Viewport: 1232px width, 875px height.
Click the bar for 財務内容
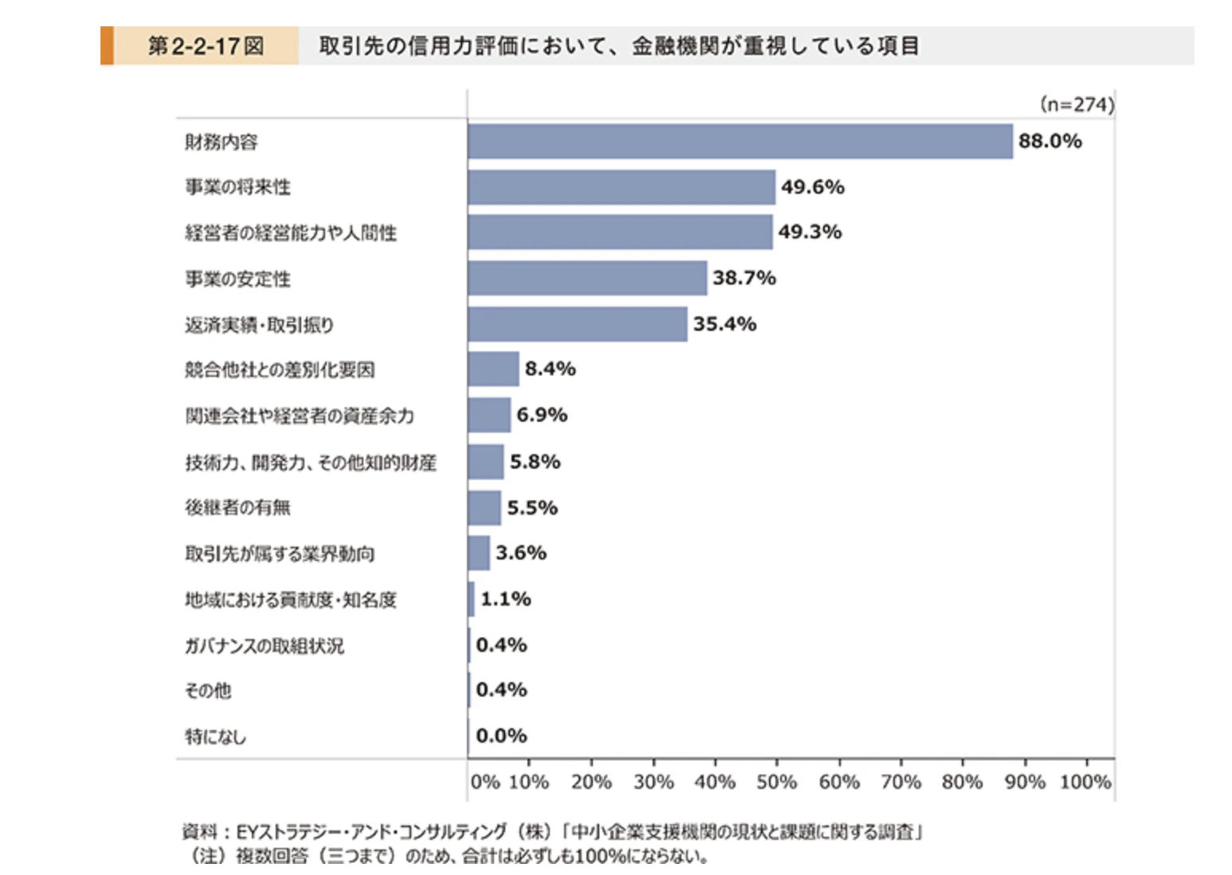740,141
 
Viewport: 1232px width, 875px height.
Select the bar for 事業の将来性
622,187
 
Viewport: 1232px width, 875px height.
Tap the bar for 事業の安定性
587,278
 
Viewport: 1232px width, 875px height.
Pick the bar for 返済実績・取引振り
578,324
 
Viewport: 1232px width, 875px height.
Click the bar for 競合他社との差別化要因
493,369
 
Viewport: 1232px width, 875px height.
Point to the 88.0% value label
1050,141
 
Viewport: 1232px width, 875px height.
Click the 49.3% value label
810,232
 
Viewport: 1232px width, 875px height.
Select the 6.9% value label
542,414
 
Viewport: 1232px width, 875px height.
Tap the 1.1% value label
506,599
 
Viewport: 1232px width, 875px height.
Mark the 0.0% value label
501,736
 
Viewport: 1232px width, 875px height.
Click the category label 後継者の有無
237,507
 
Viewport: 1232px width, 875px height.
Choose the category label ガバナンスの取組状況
265,645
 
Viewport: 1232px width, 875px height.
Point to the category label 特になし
216,736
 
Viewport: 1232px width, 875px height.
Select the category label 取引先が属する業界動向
280,553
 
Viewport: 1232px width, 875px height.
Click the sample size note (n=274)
1077,104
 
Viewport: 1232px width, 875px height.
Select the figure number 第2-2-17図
206,45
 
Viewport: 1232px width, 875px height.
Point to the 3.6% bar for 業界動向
478,553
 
